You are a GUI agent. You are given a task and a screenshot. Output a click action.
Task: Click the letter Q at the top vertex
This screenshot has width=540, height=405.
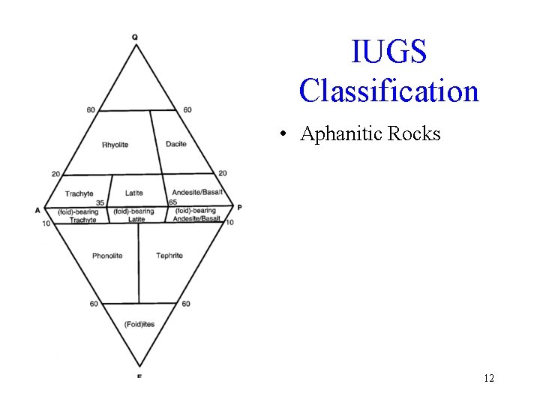click(x=135, y=37)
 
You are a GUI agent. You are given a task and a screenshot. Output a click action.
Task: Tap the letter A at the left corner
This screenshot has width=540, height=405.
click(x=37, y=210)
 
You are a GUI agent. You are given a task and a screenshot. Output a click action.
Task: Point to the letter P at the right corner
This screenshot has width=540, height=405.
click(x=239, y=207)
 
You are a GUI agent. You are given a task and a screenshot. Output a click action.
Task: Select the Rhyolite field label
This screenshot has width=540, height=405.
click(x=115, y=145)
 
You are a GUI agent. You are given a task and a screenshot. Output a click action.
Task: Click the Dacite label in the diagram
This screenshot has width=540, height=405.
click(x=176, y=144)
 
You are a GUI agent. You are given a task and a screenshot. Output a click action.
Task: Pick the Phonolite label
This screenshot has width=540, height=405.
click(x=107, y=256)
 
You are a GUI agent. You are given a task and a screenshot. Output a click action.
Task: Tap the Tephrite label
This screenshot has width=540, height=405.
click(x=169, y=256)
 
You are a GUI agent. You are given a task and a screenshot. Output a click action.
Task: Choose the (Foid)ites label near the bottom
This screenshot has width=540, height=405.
click(x=139, y=323)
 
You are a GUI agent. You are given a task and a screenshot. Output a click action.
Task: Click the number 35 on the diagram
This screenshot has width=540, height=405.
click(x=100, y=203)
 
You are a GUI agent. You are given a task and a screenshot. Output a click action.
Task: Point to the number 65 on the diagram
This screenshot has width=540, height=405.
click(x=173, y=202)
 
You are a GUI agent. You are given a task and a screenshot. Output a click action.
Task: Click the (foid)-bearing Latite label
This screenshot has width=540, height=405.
click(x=135, y=215)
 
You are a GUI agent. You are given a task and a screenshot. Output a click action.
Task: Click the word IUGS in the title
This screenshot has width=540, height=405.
click(x=388, y=52)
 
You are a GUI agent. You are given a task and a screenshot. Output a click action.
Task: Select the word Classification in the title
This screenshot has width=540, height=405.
click(x=388, y=91)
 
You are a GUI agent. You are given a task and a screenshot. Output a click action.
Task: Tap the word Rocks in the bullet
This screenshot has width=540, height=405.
click(x=415, y=133)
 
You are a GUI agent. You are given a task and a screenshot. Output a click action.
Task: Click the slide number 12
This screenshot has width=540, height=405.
click(x=489, y=378)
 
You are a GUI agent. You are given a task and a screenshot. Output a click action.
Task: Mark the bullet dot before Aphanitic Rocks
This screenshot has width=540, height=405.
click(x=282, y=135)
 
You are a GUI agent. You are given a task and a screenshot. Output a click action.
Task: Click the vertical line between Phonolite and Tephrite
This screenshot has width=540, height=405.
click(x=139, y=262)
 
